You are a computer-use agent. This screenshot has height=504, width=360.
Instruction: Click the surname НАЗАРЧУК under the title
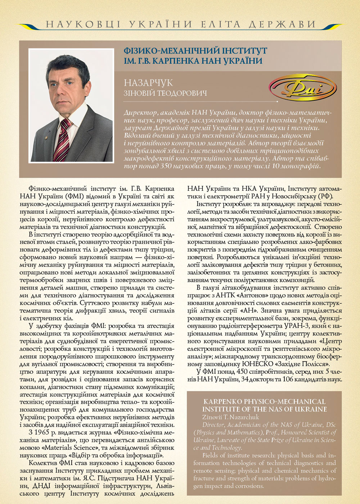[x=148, y=83]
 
